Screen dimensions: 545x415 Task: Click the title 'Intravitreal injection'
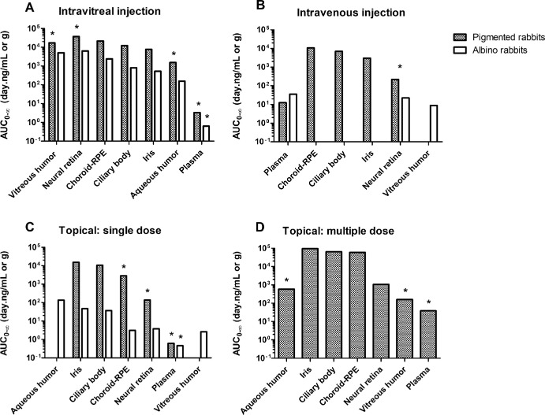110,12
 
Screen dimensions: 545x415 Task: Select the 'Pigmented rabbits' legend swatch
459,37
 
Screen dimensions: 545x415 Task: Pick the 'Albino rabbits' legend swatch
459,50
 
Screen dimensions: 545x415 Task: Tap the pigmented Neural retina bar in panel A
77,88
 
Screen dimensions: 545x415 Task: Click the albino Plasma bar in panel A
206,133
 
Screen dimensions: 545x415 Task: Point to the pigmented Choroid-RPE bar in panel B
311,94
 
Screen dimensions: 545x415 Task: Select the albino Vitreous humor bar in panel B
434,123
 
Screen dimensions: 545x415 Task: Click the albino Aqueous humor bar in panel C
61,328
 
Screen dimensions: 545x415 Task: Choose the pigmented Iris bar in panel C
77,309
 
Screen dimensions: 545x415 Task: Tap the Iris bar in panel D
310,303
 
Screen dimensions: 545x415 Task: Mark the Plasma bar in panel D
428,334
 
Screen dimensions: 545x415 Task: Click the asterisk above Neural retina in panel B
400,66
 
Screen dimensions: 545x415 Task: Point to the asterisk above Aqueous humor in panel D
287,280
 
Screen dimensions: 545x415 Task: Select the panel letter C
30,227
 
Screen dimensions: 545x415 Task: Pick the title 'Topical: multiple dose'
338,231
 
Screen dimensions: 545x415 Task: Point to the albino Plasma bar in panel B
293,117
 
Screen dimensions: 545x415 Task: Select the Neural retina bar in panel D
381,321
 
